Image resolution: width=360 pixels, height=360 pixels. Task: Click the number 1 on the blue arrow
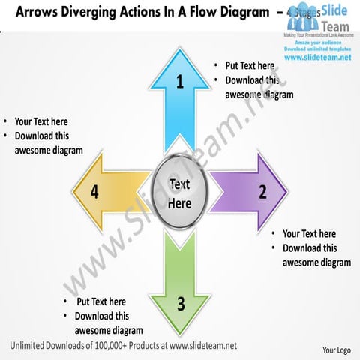click(180, 82)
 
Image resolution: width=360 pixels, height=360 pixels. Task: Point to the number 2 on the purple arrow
click(262, 191)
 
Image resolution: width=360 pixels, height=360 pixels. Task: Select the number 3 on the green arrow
click(181, 303)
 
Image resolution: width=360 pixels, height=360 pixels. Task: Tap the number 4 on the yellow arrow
click(94, 191)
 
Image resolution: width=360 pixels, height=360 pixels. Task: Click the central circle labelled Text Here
click(180, 193)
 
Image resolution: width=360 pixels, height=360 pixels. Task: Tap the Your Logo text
click(337, 350)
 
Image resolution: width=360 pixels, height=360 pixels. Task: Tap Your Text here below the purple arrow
click(309, 233)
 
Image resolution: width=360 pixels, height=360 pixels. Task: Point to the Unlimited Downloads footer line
click(124, 344)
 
